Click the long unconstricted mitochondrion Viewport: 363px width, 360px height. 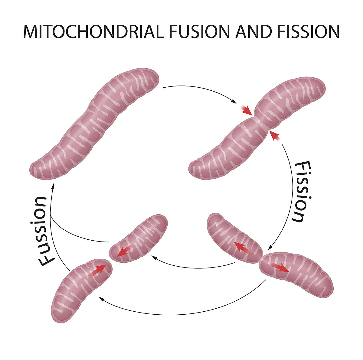coord(94,124)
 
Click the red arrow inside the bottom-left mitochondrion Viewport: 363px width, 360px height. coord(99,270)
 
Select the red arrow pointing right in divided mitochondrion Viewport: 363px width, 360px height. coord(279,267)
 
